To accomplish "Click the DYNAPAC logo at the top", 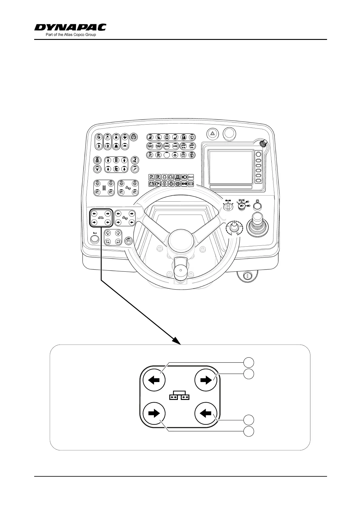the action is (70, 28).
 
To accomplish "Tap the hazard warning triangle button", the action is (212, 133).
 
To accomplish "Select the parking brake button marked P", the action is (133, 137).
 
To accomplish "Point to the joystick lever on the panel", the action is (257, 222).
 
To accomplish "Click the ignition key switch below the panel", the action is (247, 276).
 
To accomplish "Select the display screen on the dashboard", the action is (231, 167).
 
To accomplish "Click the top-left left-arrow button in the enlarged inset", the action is (154, 380).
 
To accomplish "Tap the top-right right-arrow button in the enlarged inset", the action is (206, 380).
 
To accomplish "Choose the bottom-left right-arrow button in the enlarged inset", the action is (154, 413).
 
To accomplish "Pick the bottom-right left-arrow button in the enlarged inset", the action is (206, 413).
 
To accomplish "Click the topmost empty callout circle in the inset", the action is (249, 362).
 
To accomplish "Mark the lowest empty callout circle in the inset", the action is (249, 431).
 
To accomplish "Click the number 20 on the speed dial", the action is (237, 234).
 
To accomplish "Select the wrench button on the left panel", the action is (134, 169).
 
